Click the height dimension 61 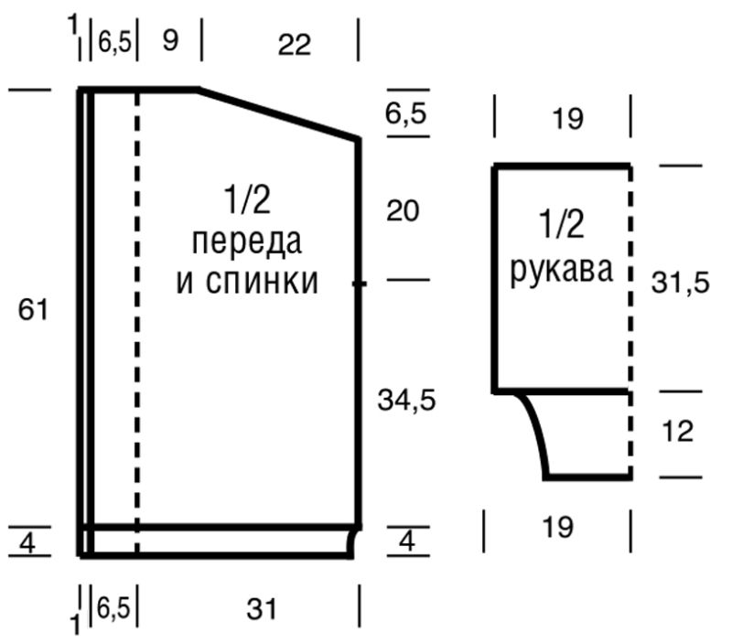click(x=33, y=310)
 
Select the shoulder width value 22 click(x=295, y=44)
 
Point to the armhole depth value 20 click(x=403, y=211)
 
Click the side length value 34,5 click(x=407, y=399)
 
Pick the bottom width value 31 click(x=262, y=608)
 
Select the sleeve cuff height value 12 click(x=677, y=432)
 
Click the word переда click(x=247, y=242)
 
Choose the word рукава click(x=562, y=272)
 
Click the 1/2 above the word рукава click(x=562, y=223)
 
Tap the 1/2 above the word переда click(x=247, y=199)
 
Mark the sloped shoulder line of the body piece click(x=279, y=114)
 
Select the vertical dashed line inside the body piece click(x=137, y=320)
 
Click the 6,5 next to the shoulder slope click(x=407, y=114)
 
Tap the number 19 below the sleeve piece click(x=557, y=528)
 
